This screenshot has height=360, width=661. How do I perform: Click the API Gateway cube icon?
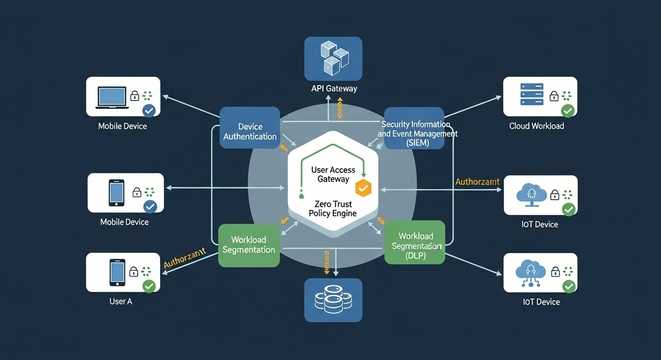tap(331, 57)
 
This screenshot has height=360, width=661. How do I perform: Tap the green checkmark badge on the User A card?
tap(149, 286)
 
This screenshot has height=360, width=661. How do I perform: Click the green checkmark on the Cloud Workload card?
tap(568, 111)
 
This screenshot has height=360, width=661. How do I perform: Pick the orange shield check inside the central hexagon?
tap(364, 187)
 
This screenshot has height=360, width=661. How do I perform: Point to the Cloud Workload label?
tap(538, 127)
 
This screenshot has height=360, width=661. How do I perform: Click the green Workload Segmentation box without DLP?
tap(248, 243)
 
